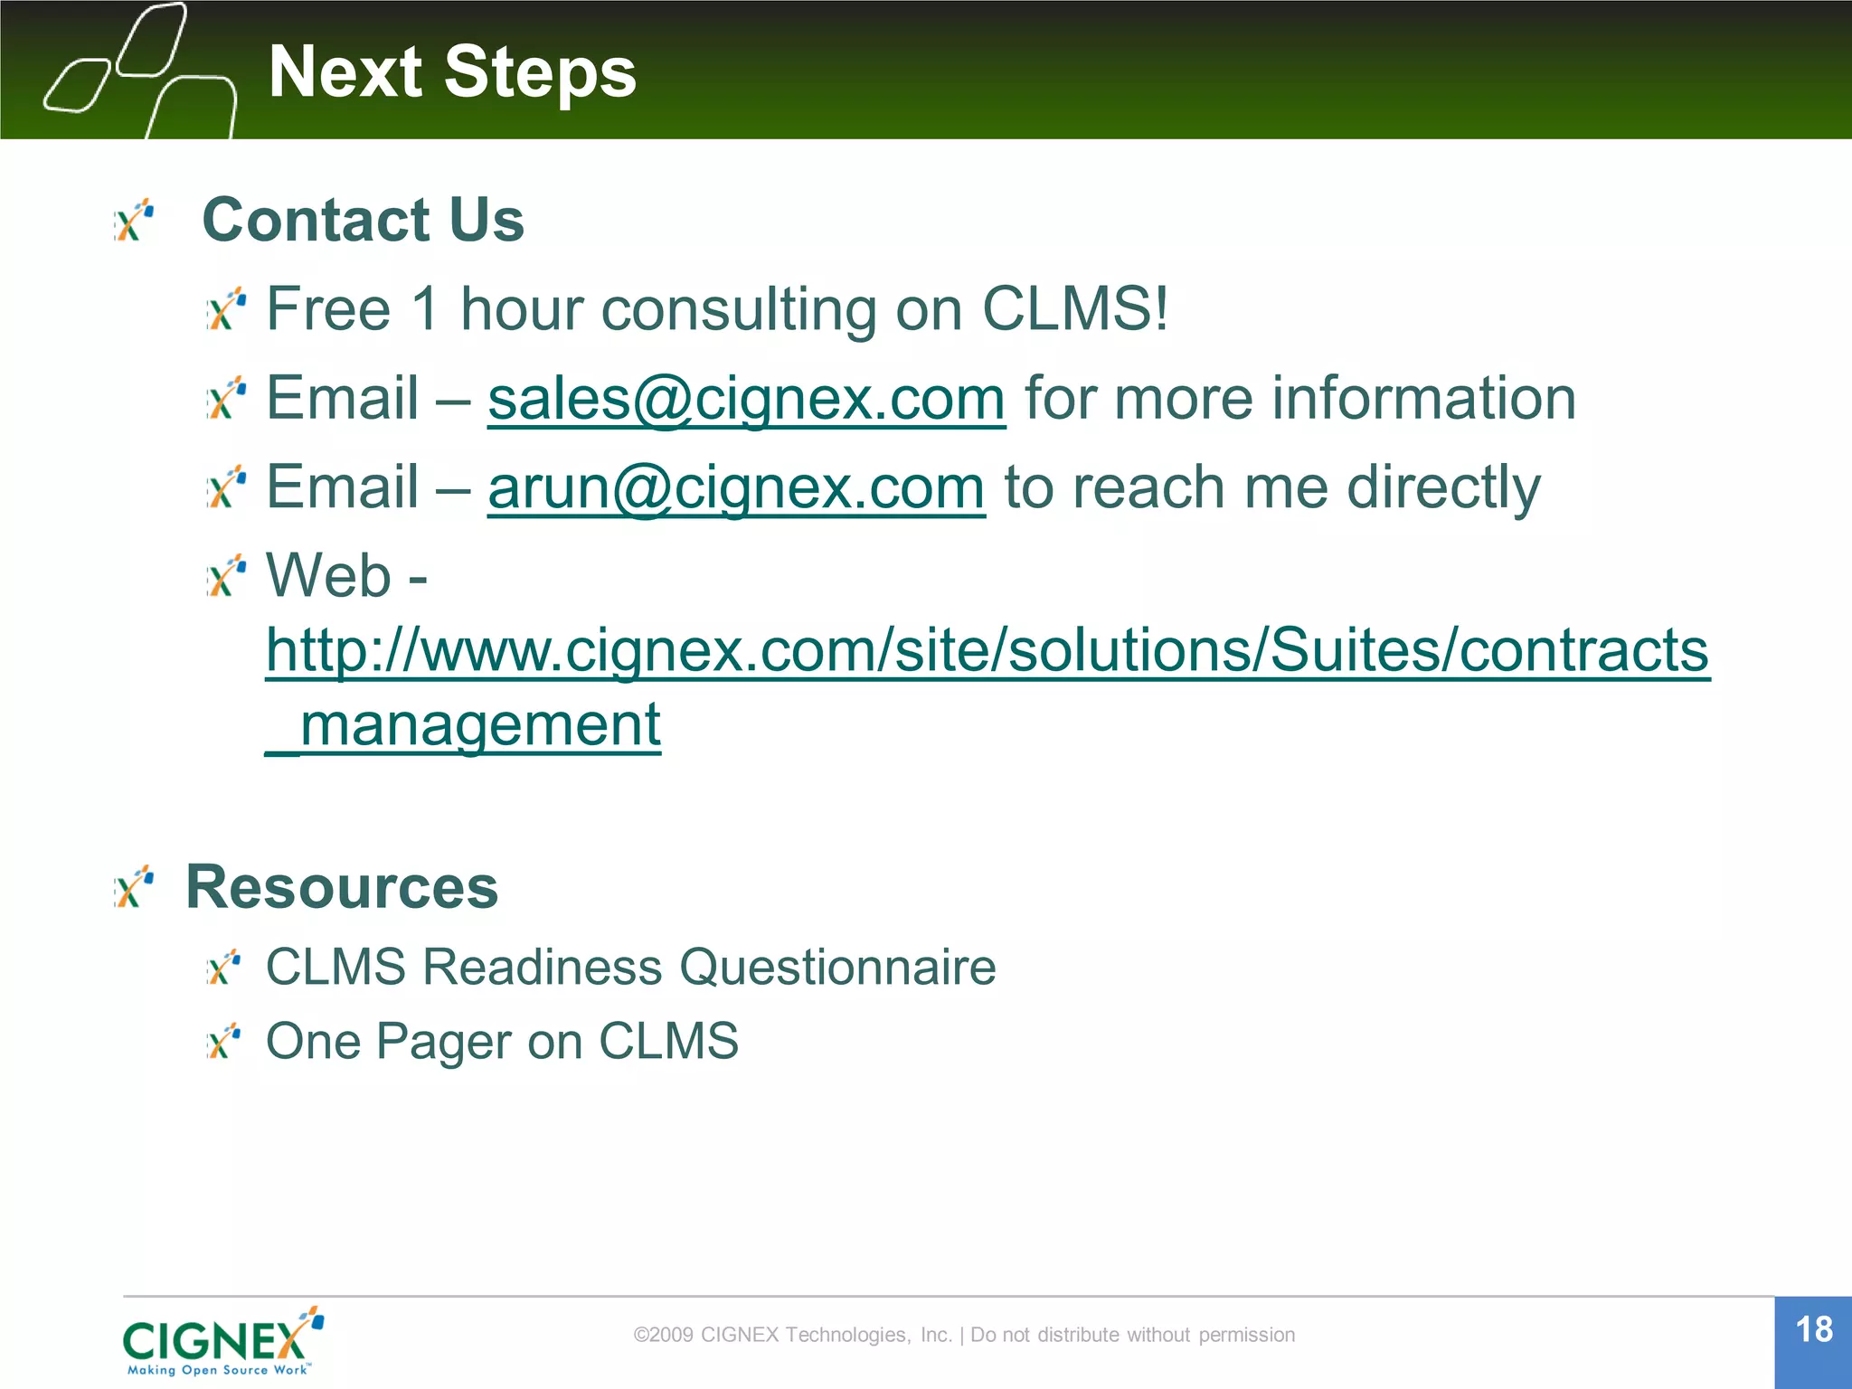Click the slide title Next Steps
(452, 72)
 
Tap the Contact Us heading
(363, 220)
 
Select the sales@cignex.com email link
(746, 399)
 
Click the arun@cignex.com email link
(736, 487)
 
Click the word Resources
(342, 887)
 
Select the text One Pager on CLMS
(502, 1041)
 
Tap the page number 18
(1813, 1330)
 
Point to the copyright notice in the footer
(964, 1335)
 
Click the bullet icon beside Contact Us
(135, 222)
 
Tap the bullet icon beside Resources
(135, 887)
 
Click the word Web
(327, 575)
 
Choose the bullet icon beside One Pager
(223, 1042)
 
